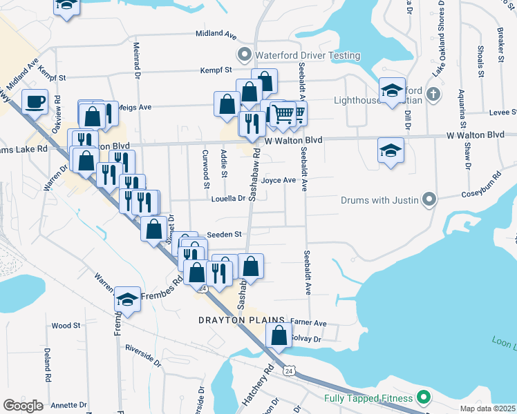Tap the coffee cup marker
35,102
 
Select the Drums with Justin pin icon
429,200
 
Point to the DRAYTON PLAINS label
242,321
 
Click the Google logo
23,406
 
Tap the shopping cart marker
282,113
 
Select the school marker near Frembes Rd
127,299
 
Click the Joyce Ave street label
279,180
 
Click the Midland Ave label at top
216,33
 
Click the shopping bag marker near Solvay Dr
279,337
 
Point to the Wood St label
66,325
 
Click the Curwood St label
205,168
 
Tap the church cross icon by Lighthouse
433,93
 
